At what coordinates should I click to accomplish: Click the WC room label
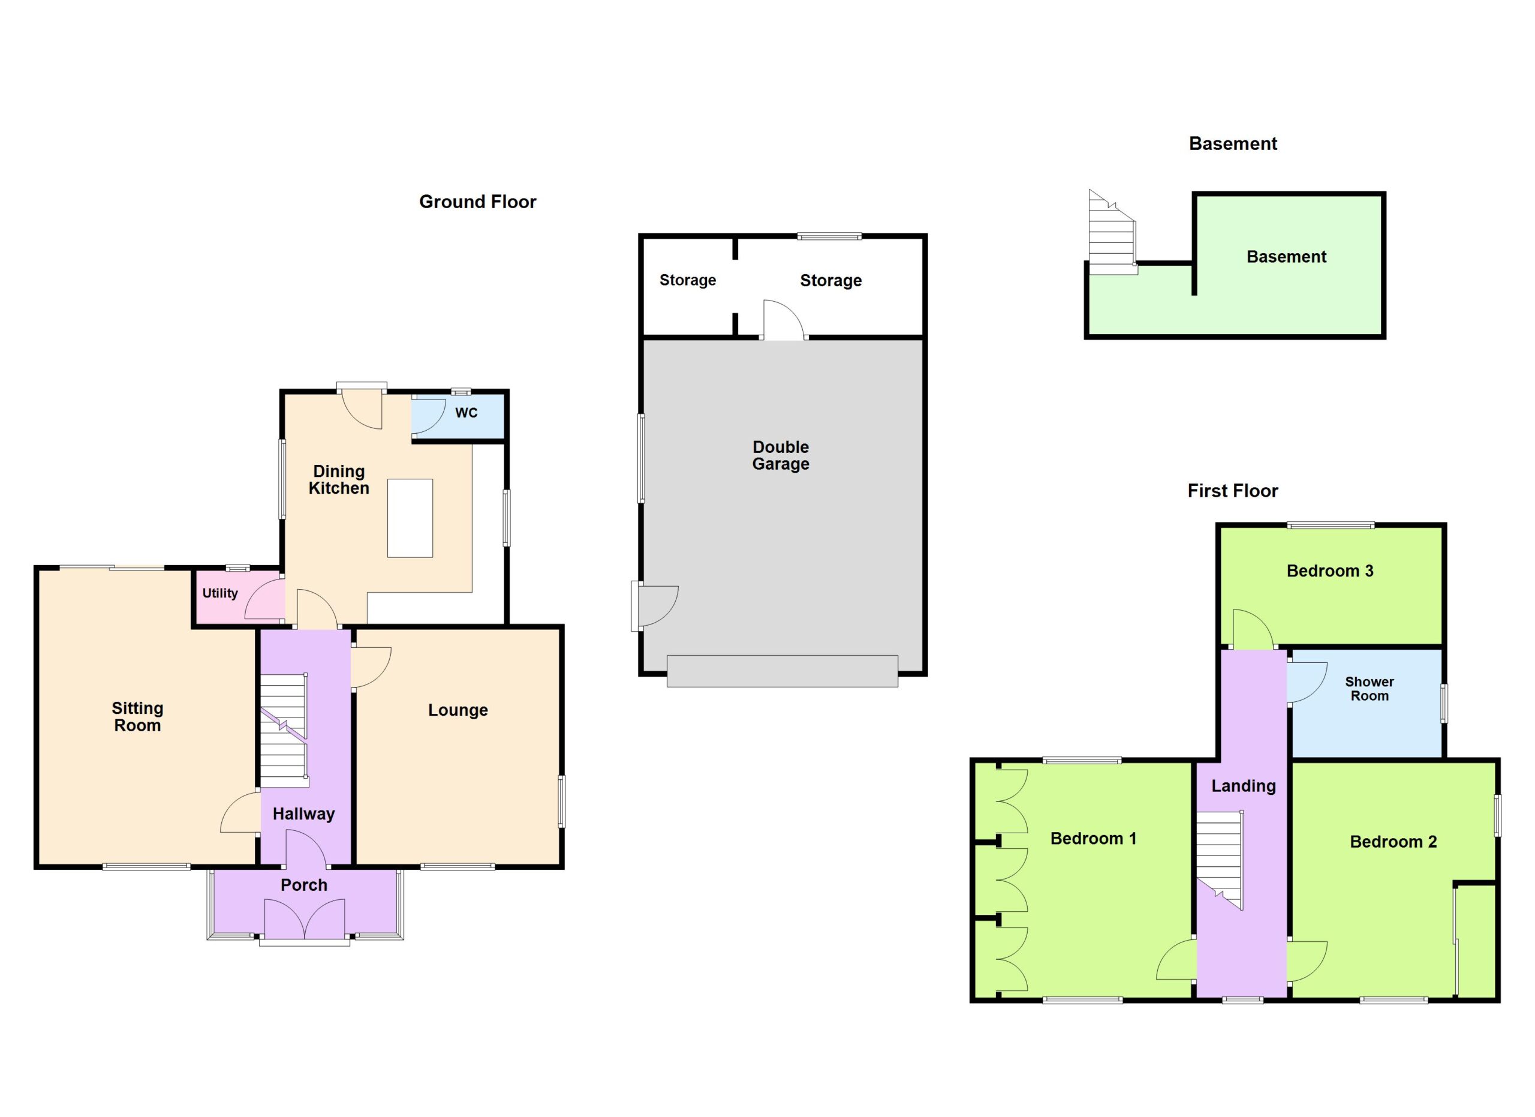click(x=466, y=413)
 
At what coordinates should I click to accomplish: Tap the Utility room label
click(x=220, y=593)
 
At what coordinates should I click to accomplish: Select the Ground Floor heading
click(x=478, y=202)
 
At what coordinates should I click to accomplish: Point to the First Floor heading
click(x=1232, y=491)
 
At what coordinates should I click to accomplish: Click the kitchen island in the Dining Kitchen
click(x=410, y=518)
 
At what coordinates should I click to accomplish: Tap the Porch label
click(x=304, y=885)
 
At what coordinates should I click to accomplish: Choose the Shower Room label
click(x=1369, y=689)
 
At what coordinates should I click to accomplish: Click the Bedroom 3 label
click(x=1330, y=570)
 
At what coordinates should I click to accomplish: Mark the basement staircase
click(x=1112, y=232)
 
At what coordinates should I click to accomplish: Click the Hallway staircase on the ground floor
click(x=284, y=731)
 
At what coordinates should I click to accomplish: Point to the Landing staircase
click(x=1220, y=860)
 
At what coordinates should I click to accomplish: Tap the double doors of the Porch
click(x=305, y=918)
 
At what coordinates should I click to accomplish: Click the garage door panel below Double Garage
click(x=782, y=671)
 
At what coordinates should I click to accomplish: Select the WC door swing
click(x=428, y=417)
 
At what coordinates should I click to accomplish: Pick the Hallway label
click(x=304, y=813)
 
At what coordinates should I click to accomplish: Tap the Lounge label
click(x=458, y=710)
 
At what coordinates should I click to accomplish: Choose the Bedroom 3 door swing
click(x=1253, y=629)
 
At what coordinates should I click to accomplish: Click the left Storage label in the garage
click(x=688, y=280)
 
